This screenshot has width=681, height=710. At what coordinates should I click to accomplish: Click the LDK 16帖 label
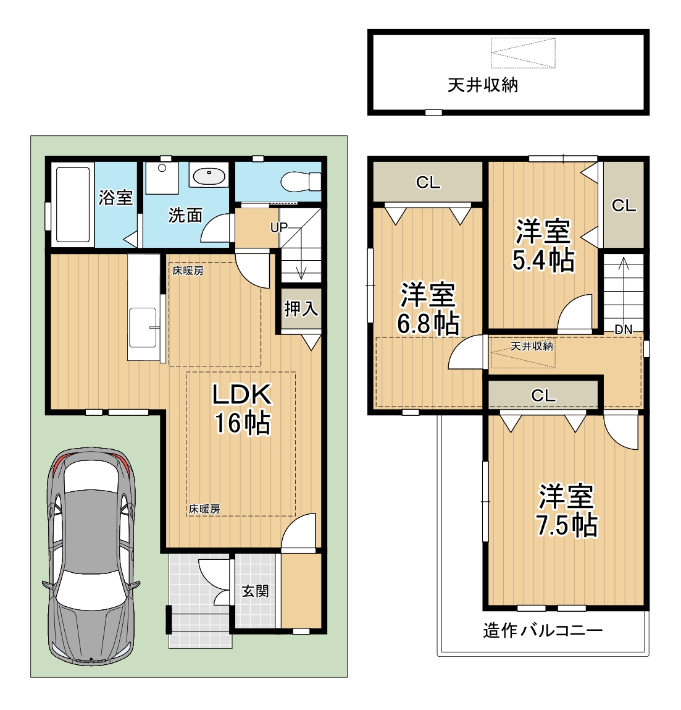(242, 408)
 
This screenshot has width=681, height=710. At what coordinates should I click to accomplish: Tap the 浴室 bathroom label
(116, 197)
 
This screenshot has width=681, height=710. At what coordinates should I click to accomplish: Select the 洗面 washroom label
(185, 215)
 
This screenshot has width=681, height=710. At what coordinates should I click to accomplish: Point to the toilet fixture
(301, 182)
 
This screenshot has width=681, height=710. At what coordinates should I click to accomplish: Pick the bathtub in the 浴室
(72, 204)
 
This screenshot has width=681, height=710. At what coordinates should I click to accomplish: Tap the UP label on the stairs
(278, 227)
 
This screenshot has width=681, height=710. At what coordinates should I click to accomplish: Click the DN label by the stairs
(624, 329)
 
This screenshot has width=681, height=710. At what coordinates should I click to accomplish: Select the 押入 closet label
(301, 309)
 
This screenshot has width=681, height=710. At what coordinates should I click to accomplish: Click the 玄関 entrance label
(255, 591)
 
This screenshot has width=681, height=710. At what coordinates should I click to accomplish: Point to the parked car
(91, 556)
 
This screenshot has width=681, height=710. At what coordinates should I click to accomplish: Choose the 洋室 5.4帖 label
(543, 245)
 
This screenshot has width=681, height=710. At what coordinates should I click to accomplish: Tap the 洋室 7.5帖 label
(567, 510)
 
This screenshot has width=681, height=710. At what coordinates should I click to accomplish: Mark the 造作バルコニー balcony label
(543, 630)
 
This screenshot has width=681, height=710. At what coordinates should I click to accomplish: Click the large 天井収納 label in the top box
(483, 85)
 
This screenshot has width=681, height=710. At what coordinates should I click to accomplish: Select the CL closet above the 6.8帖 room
(428, 182)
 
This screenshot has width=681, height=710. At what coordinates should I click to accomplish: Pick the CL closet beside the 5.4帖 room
(624, 205)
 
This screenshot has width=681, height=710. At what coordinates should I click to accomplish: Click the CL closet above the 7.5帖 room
(543, 395)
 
